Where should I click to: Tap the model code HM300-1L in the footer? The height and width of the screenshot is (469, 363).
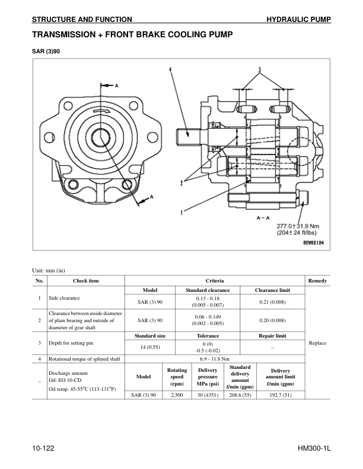tap(314, 449)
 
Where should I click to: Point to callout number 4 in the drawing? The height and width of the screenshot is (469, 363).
tap(170, 70)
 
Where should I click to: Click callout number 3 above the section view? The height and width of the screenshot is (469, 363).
tap(259, 70)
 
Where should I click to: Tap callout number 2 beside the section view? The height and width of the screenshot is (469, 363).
tap(181, 183)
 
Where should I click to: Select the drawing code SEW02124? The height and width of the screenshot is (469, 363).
tap(316, 242)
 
